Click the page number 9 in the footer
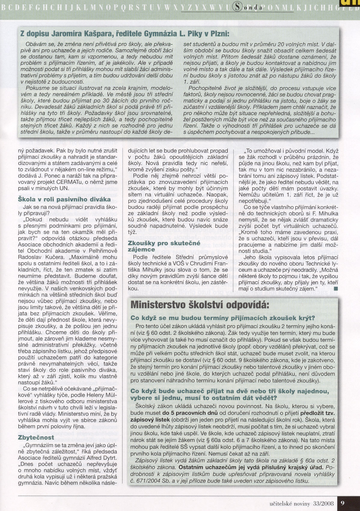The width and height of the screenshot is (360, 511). point(343,503)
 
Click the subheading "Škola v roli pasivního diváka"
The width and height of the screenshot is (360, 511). point(64,199)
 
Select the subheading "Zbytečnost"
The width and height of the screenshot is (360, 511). point(36,437)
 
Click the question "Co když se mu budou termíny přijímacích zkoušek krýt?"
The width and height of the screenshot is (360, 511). point(223,318)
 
